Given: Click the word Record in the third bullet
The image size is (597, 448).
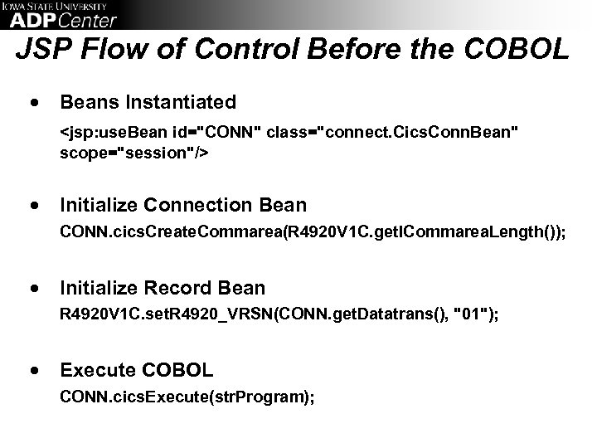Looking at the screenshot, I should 177,288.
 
